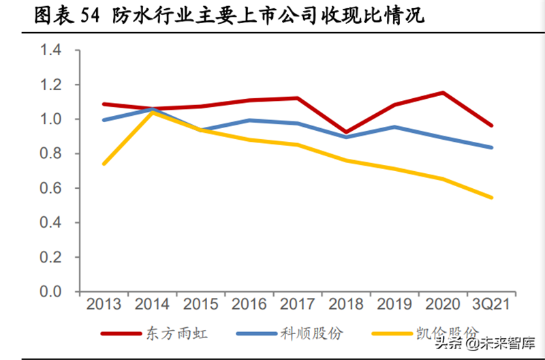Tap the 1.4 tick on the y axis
pos(51,50)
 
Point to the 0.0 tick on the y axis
pos(51,291)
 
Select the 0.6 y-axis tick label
pos(51,188)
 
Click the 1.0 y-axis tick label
pos(51,119)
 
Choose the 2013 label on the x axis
pos(104,304)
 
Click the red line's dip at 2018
pos(347,132)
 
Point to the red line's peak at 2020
pos(443,93)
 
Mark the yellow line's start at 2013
pos(104,164)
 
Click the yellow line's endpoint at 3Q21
pos(492,198)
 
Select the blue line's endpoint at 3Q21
pos(492,147)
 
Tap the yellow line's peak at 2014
pos(153,112)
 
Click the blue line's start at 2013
pos(104,120)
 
